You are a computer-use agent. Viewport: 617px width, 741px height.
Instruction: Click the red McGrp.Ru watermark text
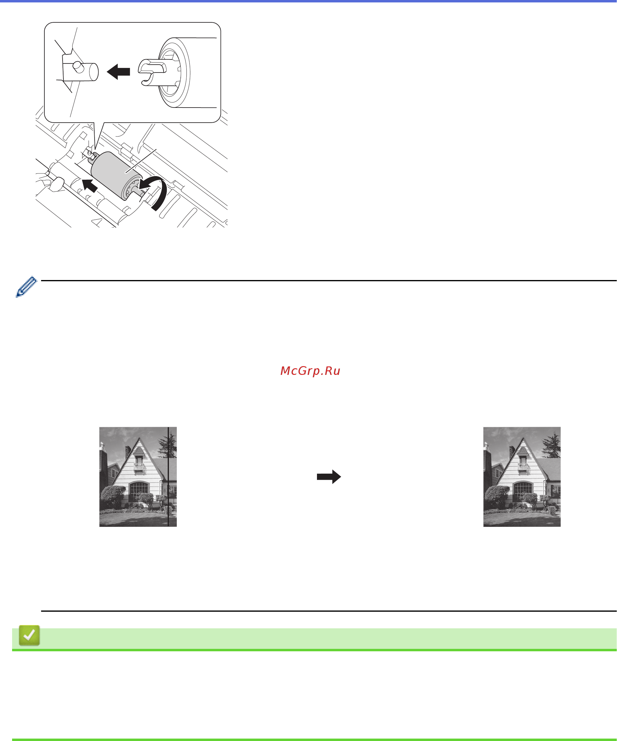[x=310, y=371]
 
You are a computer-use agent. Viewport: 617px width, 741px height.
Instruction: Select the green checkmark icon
[x=29, y=636]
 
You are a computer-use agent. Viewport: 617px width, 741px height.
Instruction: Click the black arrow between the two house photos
[x=329, y=477]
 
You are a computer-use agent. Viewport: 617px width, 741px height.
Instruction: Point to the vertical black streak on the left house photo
[x=168, y=477]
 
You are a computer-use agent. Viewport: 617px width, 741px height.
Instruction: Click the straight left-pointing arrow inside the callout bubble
[x=118, y=72]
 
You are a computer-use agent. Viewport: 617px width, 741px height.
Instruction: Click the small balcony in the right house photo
[x=523, y=467]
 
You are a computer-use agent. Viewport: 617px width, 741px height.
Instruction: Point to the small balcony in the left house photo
[x=139, y=467]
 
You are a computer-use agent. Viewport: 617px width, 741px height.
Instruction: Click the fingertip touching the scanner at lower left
[x=57, y=184]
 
